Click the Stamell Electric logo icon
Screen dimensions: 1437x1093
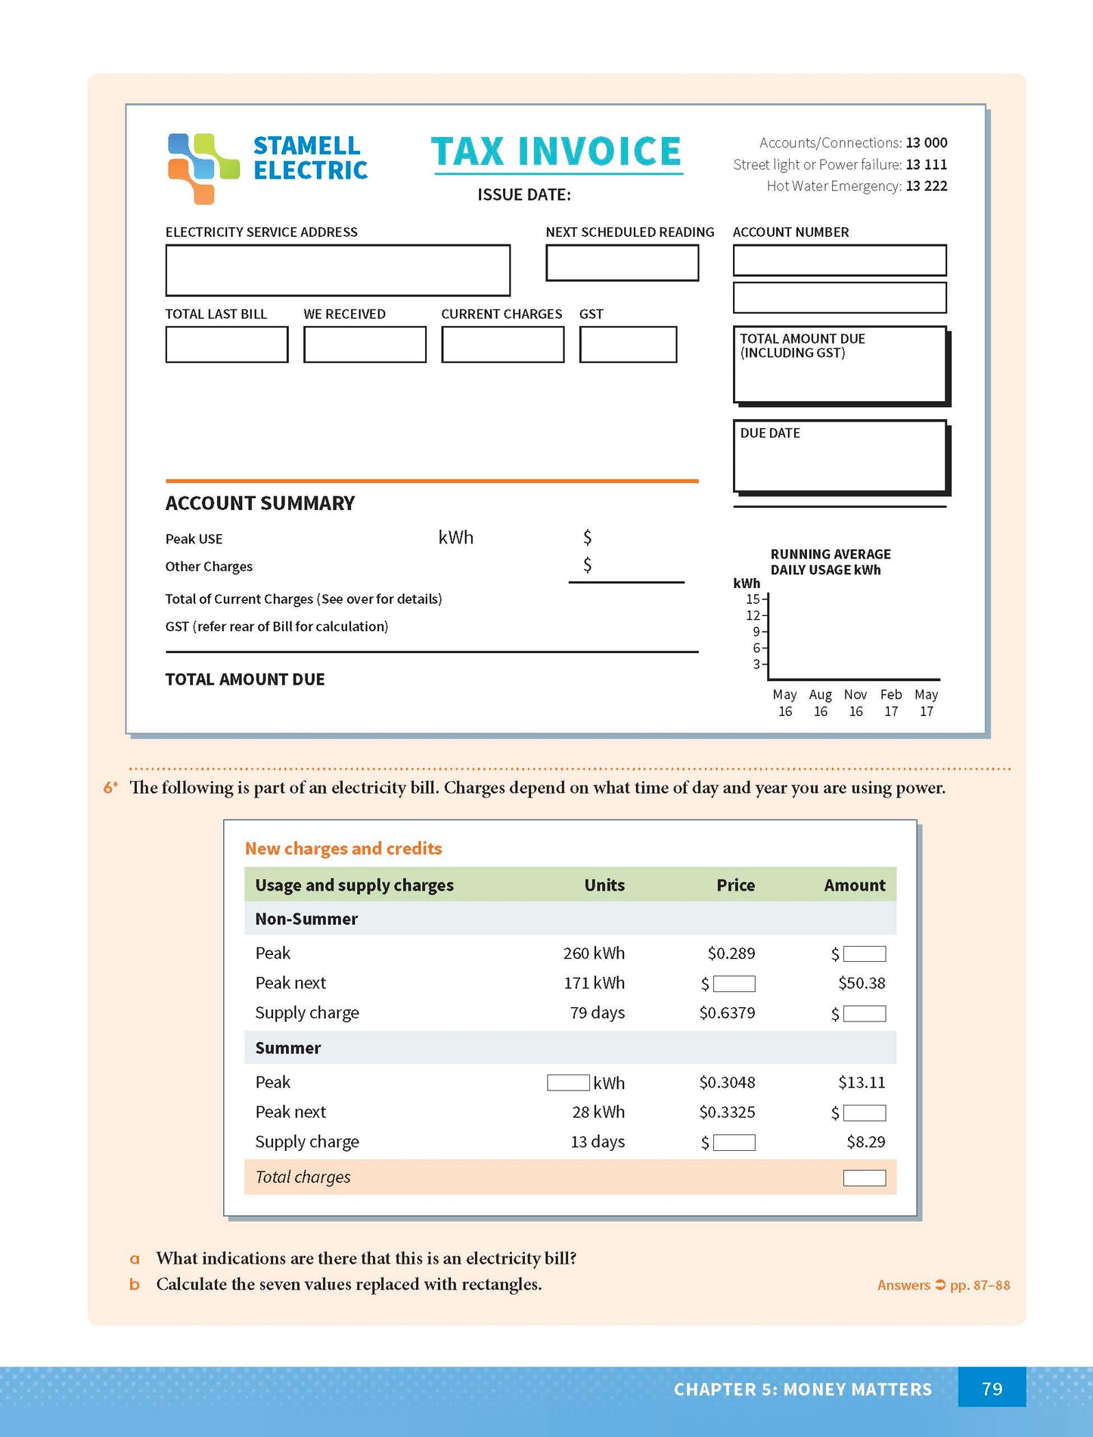click(203, 168)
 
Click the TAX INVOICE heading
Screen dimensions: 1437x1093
click(557, 151)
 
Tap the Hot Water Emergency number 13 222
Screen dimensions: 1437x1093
click(926, 186)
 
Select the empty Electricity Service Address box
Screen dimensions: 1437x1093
click(337, 270)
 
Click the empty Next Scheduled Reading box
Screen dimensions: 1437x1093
click(622, 263)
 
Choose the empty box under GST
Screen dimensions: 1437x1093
click(628, 344)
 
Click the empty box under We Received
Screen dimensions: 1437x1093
click(365, 344)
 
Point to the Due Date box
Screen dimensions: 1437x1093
click(840, 456)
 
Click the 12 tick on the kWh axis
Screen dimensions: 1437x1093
click(753, 615)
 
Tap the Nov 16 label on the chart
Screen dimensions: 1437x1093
click(855, 703)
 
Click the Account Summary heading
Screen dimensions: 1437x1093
click(259, 503)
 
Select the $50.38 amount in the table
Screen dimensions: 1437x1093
click(862, 983)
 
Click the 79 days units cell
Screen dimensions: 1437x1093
click(597, 1012)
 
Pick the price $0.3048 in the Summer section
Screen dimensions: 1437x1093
click(727, 1082)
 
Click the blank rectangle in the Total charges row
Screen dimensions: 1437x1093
click(864, 1177)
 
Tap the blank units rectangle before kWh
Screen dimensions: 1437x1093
click(568, 1082)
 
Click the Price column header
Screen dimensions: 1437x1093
click(735, 885)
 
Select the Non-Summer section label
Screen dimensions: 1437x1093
click(306, 919)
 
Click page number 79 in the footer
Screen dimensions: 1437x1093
click(992, 1389)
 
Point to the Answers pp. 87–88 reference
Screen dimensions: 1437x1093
click(943, 1285)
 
